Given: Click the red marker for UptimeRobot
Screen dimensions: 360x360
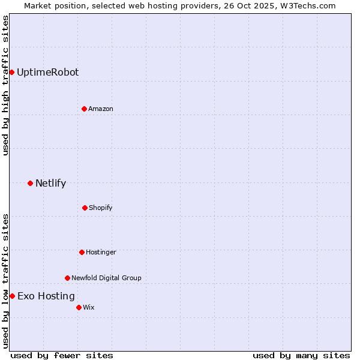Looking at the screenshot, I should (x=11, y=72).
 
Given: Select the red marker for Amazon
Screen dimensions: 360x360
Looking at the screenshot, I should (x=84, y=109).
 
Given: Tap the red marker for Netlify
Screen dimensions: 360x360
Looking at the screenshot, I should (x=30, y=183).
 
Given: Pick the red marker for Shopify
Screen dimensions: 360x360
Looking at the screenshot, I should (x=85, y=208).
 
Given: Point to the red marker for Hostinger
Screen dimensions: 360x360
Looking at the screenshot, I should (x=82, y=252).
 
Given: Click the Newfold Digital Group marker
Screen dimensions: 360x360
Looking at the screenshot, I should (x=67, y=278).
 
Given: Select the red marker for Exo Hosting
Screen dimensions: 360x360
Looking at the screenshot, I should (x=12, y=296).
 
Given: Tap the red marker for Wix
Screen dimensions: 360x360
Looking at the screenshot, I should (x=79, y=307).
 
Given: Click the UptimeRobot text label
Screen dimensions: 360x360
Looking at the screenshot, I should (x=47, y=72).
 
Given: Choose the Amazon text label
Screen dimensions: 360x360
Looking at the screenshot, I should (x=101, y=109).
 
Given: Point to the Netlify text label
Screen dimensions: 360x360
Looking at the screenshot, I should (x=50, y=183).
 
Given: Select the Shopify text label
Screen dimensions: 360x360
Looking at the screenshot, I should (x=101, y=208).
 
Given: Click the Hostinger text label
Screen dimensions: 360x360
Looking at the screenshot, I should (x=101, y=252).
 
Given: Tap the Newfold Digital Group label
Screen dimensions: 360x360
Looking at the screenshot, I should (x=106, y=278).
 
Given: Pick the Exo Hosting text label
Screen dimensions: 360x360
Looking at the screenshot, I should (x=46, y=296).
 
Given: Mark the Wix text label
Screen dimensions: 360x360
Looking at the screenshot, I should (x=88, y=307).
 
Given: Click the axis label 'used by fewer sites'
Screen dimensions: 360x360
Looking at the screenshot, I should (x=62, y=355).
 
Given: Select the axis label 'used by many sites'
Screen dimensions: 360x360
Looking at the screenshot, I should (x=301, y=355).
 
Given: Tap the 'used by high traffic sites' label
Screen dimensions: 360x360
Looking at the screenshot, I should (x=5, y=85).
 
